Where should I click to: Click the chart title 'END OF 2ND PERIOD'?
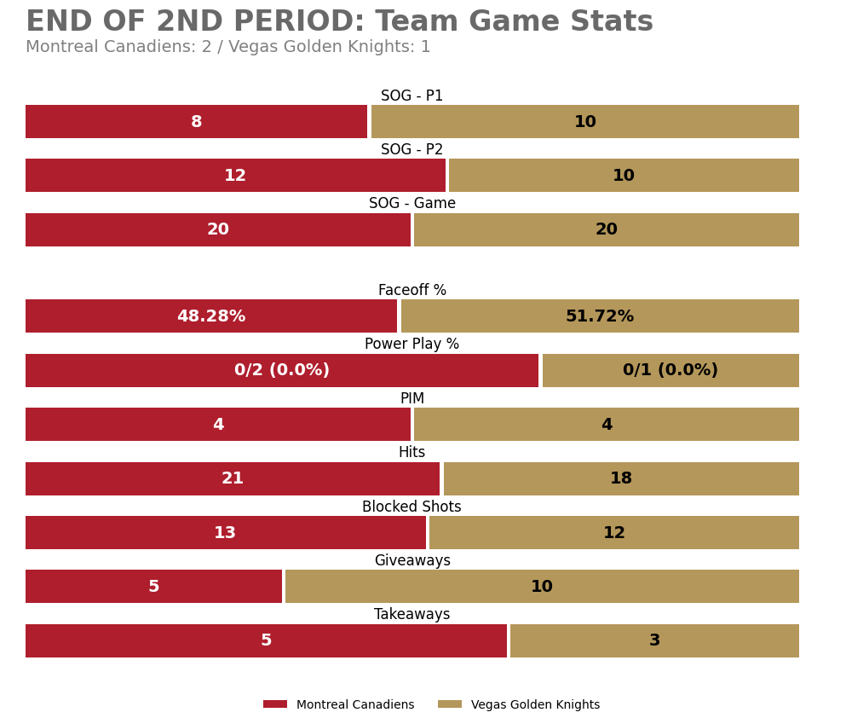[339, 22]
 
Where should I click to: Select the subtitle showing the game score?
[227, 48]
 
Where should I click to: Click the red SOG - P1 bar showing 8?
[196, 122]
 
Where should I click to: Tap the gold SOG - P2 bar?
[624, 176]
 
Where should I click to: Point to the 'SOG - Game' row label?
[411, 204]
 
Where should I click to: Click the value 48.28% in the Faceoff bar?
[211, 316]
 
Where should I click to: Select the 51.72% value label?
[600, 316]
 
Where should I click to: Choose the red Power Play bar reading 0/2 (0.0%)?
[281, 370]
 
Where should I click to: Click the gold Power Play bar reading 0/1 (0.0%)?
[670, 370]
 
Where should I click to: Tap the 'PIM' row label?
[411, 399]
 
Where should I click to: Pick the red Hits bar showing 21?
[233, 478]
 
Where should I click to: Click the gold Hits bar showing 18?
[621, 478]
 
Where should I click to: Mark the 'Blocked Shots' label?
[411, 507]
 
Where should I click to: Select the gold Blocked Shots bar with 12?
[614, 533]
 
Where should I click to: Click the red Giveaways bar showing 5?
[153, 587]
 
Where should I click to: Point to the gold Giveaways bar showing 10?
[542, 587]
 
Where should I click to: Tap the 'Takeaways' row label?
[411, 615]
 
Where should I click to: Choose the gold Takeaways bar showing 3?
[654, 640]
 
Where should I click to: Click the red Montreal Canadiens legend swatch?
[275, 704]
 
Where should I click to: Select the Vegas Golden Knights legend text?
[535, 705]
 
